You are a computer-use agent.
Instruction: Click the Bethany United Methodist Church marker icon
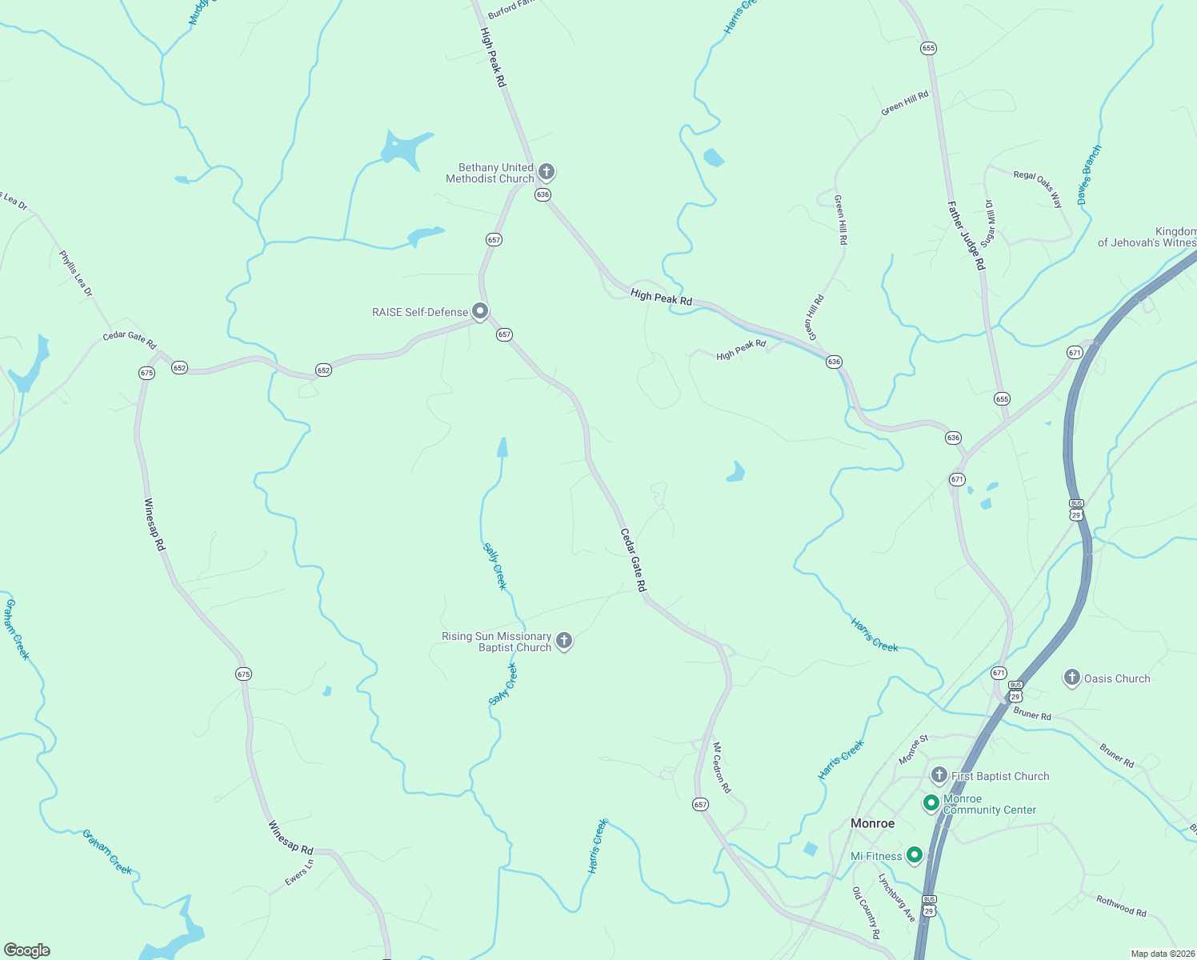point(546,171)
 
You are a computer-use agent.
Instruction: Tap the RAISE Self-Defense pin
point(480,310)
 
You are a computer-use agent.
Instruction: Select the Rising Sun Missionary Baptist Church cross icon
point(564,640)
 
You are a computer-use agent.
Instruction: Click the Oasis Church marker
point(1071,678)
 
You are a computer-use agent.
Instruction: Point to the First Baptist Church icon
point(939,775)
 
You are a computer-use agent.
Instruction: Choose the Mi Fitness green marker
point(915,855)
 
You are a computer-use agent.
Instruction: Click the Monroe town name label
point(872,823)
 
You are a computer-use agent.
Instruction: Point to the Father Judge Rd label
point(967,235)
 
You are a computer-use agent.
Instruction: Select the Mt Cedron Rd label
point(722,767)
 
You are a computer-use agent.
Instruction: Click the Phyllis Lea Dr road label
point(76,274)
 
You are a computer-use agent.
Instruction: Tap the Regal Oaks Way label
point(1038,189)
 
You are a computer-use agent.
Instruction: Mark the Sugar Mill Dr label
point(989,223)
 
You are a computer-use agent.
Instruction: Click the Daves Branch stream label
point(1089,175)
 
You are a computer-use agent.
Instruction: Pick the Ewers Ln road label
point(299,872)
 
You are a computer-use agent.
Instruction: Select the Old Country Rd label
point(866,913)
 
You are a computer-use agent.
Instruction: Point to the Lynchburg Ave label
point(897,897)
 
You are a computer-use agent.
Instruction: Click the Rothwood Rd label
point(1121,906)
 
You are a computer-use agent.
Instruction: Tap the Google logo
point(27,950)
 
